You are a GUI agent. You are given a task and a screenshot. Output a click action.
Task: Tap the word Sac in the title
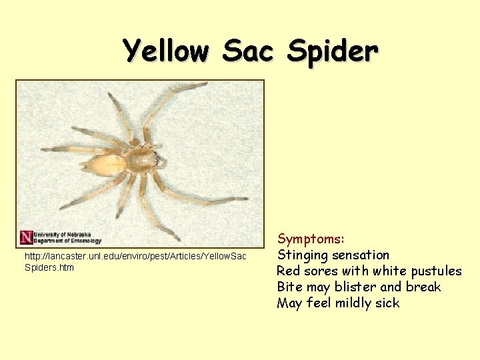pos(249,51)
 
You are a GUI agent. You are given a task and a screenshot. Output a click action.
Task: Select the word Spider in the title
pos(333,51)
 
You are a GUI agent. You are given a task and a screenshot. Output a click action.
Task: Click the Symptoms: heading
pos(311,239)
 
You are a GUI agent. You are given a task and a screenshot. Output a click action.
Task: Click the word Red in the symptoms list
pos(289,271)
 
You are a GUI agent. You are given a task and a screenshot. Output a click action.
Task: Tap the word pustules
pos(434,271)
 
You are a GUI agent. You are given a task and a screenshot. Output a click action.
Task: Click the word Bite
pos(289,287)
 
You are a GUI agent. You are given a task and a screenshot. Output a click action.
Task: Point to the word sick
pos(387,303)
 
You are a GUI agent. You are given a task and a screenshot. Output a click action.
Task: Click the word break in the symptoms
pos(423,287)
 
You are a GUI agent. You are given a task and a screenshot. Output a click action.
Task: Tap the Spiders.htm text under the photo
pos(49,267)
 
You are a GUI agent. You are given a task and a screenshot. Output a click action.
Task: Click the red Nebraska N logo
pos(25,237)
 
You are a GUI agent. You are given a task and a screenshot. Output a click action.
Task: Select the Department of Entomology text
pos(67,241)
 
